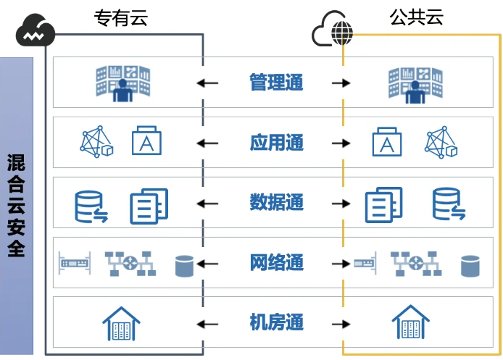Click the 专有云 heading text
(x=120, y=18)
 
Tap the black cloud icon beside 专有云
(x=36, y=31)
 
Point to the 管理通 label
(x=276, y=83)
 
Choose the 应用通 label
(x=276, y=143)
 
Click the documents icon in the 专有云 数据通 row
(x=149, y=205)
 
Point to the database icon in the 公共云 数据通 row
(x=448, y=204)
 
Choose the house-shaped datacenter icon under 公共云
(x=411, y=322)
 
